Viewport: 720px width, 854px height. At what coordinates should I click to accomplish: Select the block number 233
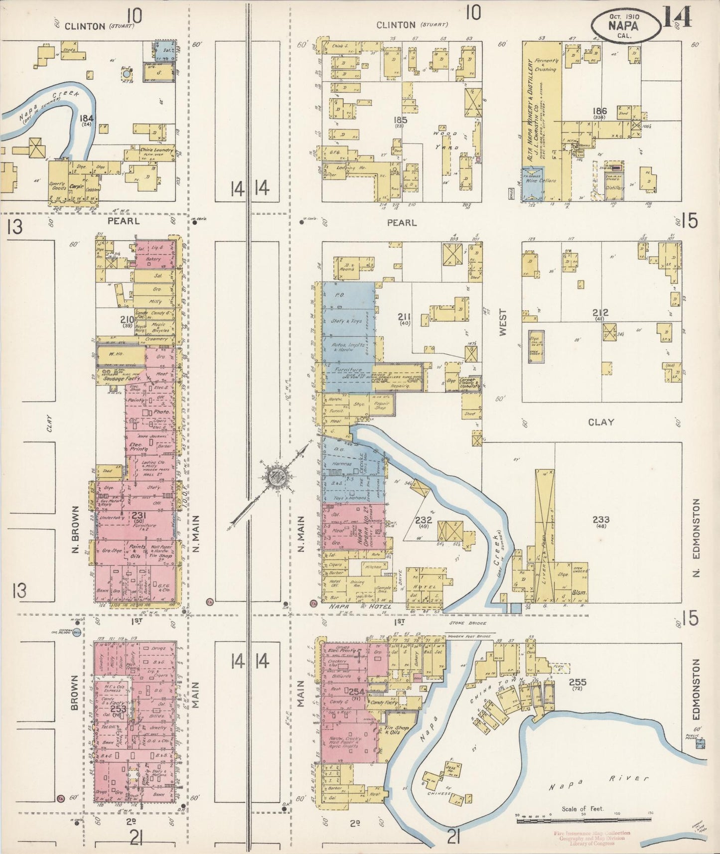(x=601, y=520)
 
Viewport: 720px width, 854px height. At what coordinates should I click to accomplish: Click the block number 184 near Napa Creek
(x=86, y=118)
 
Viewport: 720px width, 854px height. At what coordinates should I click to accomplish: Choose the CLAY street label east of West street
(x=601, y=422)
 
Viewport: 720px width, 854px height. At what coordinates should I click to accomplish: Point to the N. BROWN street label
(x=75, y=532)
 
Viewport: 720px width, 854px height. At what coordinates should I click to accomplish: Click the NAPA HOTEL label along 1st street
(x=357, y=606)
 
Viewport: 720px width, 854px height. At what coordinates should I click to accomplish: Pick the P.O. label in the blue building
(x=340, y=295)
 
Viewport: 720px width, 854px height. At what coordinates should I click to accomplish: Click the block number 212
(x=600, y=313)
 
